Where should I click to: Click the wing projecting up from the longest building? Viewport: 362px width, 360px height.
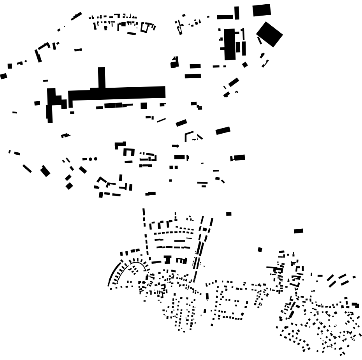(x=102, y=77)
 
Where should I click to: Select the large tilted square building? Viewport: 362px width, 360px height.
(x=269, y=34)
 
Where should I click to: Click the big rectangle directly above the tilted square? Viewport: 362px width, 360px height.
(x=262, y=10)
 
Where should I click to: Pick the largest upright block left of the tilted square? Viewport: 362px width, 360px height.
(x=230, y=44)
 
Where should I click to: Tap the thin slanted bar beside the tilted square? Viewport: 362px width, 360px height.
(x=259, y=40)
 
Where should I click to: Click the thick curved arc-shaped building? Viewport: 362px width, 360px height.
(x=113, y=275)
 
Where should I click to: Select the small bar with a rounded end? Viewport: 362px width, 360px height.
(x=176, y=146)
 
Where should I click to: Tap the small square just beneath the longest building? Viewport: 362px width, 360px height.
(x=144, y=106)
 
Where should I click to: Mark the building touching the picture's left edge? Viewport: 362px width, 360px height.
(x=4, y=76)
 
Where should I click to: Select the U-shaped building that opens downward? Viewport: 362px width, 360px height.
(x=129, y=152)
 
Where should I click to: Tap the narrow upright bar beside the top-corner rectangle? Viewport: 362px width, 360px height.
(x=237, y=12)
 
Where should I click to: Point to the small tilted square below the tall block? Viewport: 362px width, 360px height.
(x=245, y=65)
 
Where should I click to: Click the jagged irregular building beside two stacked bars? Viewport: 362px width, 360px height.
(x=174, y=62)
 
